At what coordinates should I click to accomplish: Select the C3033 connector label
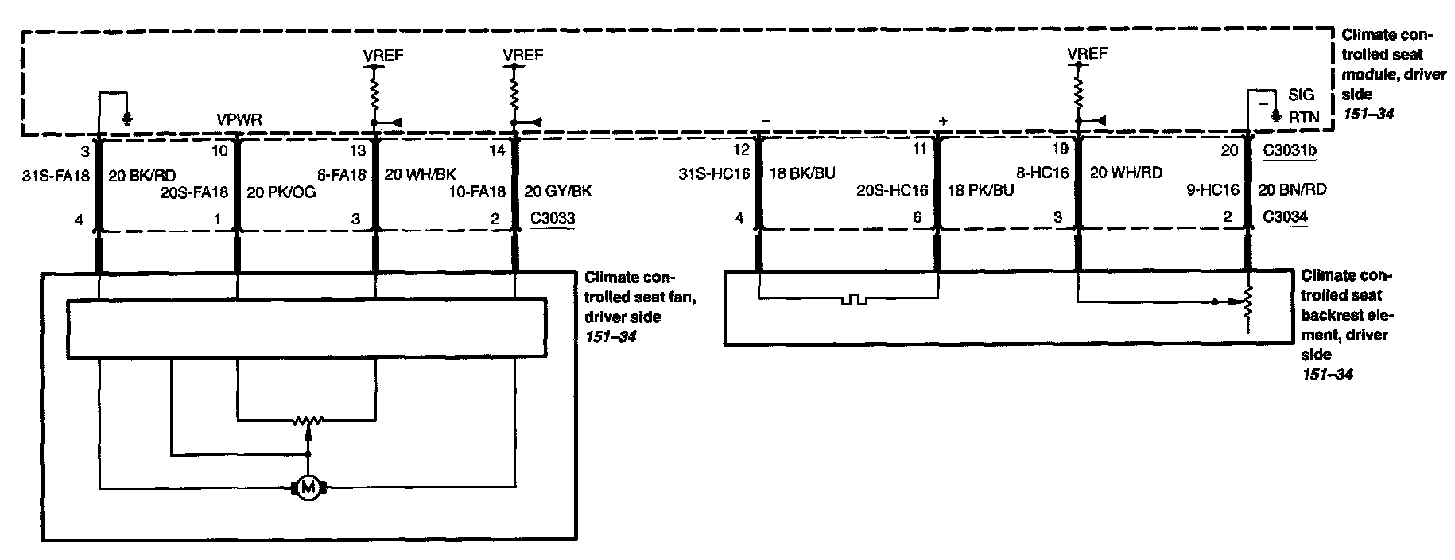click(x=553, y=218)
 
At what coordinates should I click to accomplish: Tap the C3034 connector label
click(x=1285, y=216)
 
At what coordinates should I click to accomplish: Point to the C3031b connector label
click(x=1289, y=150)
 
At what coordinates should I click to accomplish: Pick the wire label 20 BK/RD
click(x=142, y=176)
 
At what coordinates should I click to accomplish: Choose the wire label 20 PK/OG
click(x=281, y=192)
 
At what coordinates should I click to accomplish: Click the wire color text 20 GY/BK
click(x=558, y=192)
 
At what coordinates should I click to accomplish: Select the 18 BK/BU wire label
click(x=802, y=173)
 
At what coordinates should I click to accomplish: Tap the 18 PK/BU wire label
click(x=980, y=191)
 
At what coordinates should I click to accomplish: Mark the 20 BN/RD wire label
click(x=1292, y=190)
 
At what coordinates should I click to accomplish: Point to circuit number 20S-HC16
click(x=892, y=191)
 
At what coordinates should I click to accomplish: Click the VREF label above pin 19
click(x=1087, y=54)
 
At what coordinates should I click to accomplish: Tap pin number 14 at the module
click(x=497, y=150)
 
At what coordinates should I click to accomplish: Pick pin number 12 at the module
click(x=740, y=150)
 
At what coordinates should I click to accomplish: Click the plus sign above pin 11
click(x=943, y=122)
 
